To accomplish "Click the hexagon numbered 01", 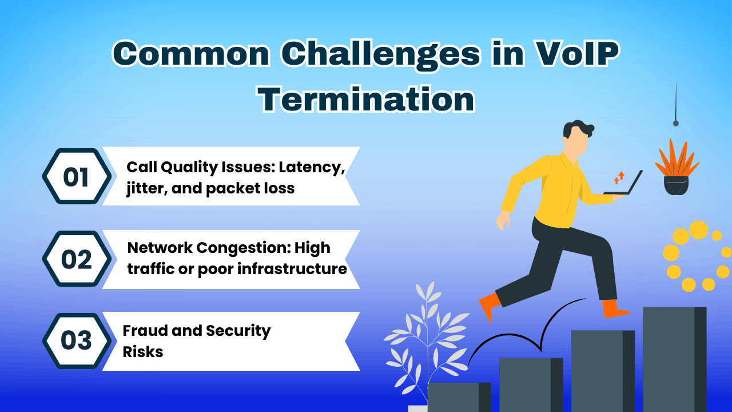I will point(76,176).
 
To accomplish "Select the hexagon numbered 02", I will point(76,259).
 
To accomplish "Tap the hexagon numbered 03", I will point(76,341).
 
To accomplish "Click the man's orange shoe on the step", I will point(615,309).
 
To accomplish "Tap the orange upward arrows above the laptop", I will point(619,177).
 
